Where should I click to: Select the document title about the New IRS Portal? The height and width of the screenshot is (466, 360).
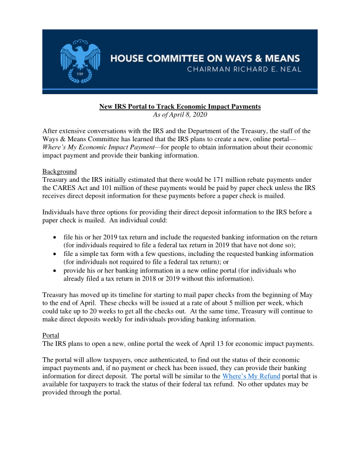[x=179, y=106]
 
